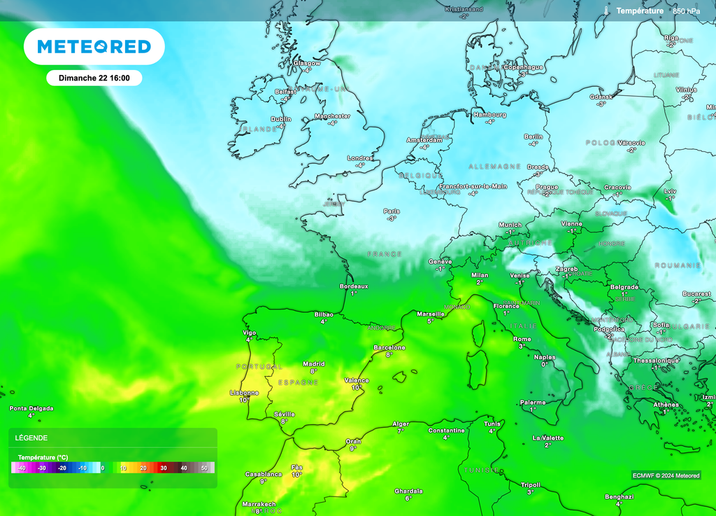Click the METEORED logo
coord(94,47)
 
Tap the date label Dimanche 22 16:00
coord(94,78)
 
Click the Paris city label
coord(392,211)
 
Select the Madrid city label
coord(313,363)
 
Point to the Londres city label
coord(360,158)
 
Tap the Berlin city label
coord(534,137)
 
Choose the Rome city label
coord(522,339)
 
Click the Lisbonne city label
coord(245,393)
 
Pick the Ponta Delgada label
coord(31,408)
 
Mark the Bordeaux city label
coord(354,286)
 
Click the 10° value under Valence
coord(357,387)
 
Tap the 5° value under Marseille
coord(431,321)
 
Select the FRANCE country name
coord(385,254)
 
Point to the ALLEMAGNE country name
coord(494,167)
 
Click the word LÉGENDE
coord(31,438)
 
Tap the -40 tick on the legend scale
coord(21,468)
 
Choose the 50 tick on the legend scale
coord(204,468)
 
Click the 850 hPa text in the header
coord(686,11)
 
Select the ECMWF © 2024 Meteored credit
coord(666,475)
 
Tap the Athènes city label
coord(665,405)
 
